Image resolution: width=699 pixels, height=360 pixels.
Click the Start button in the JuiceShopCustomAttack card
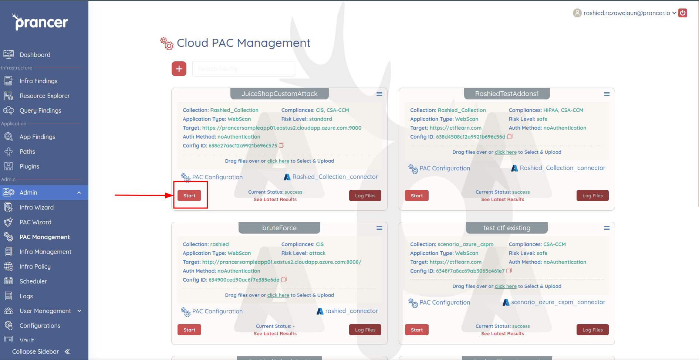pyautogui.click(x=189, y=196)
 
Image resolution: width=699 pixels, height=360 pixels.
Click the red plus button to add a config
pyautogui.click(x=179, y=69)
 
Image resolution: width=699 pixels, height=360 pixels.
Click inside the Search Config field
pyautogui.click(x=244, y=69)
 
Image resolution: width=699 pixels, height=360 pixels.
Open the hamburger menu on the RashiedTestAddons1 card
pyautogui.click(x=607, y=94)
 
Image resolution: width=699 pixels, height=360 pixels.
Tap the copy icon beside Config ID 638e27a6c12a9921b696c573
pyautogui.click(x=281, y=145)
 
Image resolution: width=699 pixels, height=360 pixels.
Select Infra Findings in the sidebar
pyautogui.click(x=38, y=81)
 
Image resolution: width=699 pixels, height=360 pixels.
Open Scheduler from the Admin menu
pyautogui.click(x=33, y=281)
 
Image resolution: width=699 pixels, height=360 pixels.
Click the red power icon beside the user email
pyautogui.click(x=683, y=13)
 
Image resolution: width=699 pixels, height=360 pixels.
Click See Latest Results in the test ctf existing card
pyautogui.click(x=503, y=333)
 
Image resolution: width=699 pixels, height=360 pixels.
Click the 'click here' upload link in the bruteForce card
pyautogui.click(x=278, y=295)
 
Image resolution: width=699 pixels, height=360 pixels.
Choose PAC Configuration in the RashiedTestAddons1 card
pyautogui.click(x=445, y=168)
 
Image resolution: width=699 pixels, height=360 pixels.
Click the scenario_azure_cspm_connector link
pyautogui.click(x=558, y=302)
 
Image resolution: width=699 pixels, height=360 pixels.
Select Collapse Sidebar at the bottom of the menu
pyautogui.click(x=41, y=351)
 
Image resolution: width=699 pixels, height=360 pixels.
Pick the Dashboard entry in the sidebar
pyautogui.click(x=35, y=55)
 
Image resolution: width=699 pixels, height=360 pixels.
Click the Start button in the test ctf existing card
pyautogui.click(x=417, y=330)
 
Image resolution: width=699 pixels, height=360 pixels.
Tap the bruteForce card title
pyautogui.click(x=279, y=228)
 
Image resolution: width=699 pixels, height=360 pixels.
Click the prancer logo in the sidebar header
pyautogui.click(x=40, y=22)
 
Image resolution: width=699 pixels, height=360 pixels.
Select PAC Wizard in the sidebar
pyautogui.click(x=36, y=222)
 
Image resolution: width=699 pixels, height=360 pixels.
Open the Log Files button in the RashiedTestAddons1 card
pyautogui.click(x=592, y=196)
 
